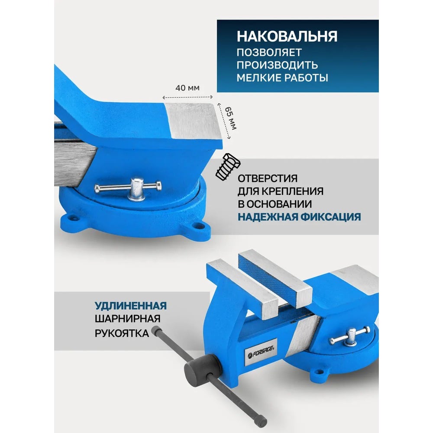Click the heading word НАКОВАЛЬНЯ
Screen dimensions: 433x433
click(x=287, y=37)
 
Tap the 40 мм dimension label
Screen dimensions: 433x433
click(x=187, y=88)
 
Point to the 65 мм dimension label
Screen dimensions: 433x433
click(x=230, y=118)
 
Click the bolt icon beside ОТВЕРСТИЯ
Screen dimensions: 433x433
click(x=228, y=167)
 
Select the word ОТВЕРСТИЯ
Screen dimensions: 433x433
click(x=268, y=178)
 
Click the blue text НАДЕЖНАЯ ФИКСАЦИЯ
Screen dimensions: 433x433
click(x=299, y=217)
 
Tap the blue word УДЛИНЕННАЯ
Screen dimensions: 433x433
click(x=131, y=306)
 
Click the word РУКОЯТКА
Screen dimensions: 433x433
click(x=122, y=333)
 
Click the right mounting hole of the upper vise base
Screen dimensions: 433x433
click(x=199, y=226)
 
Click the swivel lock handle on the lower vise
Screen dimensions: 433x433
click(x=349, y=336)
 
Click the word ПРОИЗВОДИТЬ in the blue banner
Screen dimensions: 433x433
click(x=277, y=65)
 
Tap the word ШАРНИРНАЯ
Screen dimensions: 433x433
click(x=128, y=319)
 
